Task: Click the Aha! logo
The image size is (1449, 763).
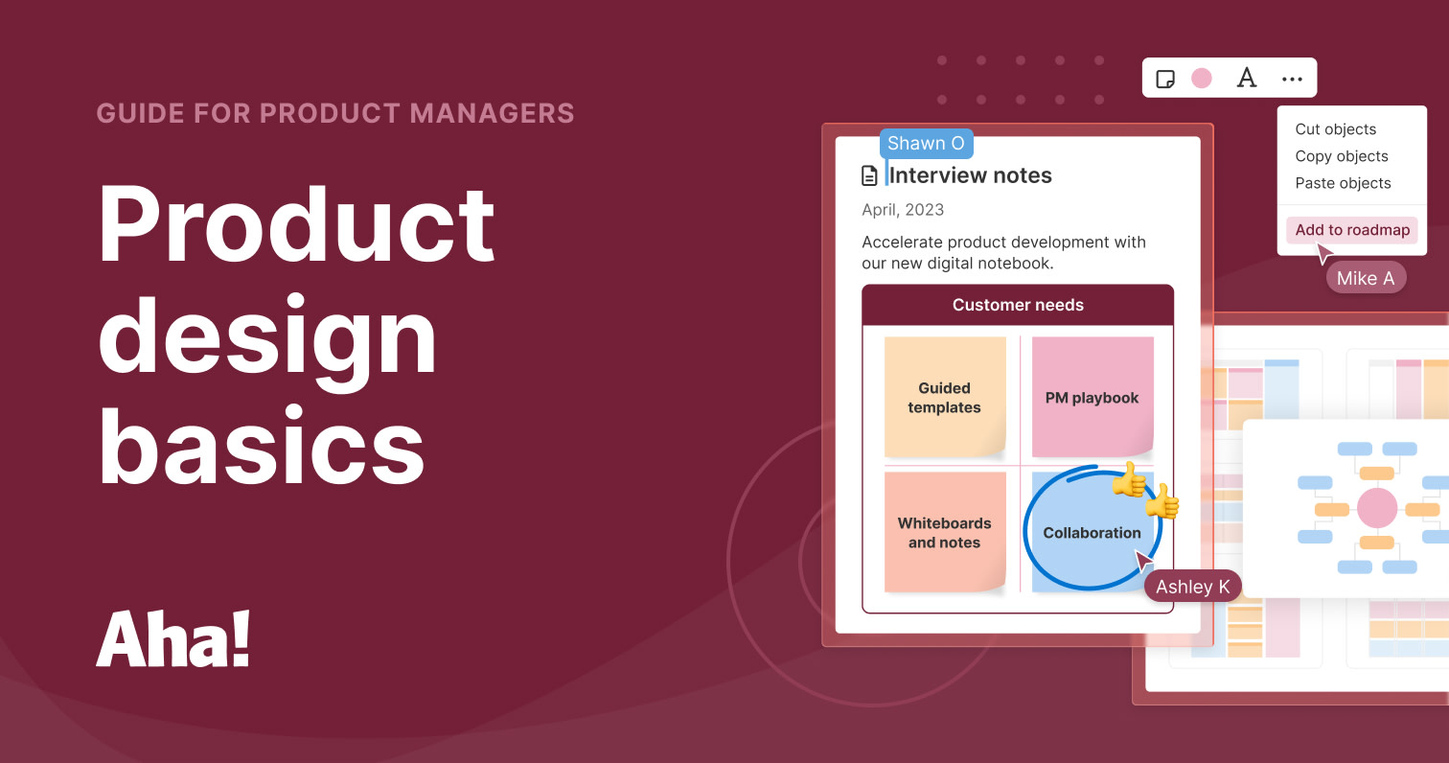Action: [173, 638]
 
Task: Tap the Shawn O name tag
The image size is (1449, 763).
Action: [926, 144]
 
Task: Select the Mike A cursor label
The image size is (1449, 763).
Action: [1366, 278]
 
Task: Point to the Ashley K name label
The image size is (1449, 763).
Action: [1192, 587]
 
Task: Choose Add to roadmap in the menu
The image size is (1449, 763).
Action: [1350, 230]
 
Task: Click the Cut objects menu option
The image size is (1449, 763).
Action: [1335, 129]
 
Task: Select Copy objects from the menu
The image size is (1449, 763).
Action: [1341, 156]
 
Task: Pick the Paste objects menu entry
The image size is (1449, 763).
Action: [1343, 183]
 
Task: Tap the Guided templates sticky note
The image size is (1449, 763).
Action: [945, 397]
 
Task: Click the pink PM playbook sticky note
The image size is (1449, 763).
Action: [1092, 397]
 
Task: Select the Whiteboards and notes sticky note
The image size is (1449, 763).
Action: [945, 532]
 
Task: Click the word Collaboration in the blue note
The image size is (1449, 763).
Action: [1092, 533]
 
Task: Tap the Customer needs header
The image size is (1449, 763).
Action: [1018, 305]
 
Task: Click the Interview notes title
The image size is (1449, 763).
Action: [970, 175]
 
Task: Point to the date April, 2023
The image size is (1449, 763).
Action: [903, 210]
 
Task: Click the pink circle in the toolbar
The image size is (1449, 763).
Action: [1202, 79]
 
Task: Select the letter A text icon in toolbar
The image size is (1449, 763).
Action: [1246, 79]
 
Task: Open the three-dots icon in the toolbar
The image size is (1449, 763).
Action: [1292, 79]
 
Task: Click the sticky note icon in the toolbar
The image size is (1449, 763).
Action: [1165, 79]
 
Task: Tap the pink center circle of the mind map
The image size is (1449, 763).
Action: [1377, 507]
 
